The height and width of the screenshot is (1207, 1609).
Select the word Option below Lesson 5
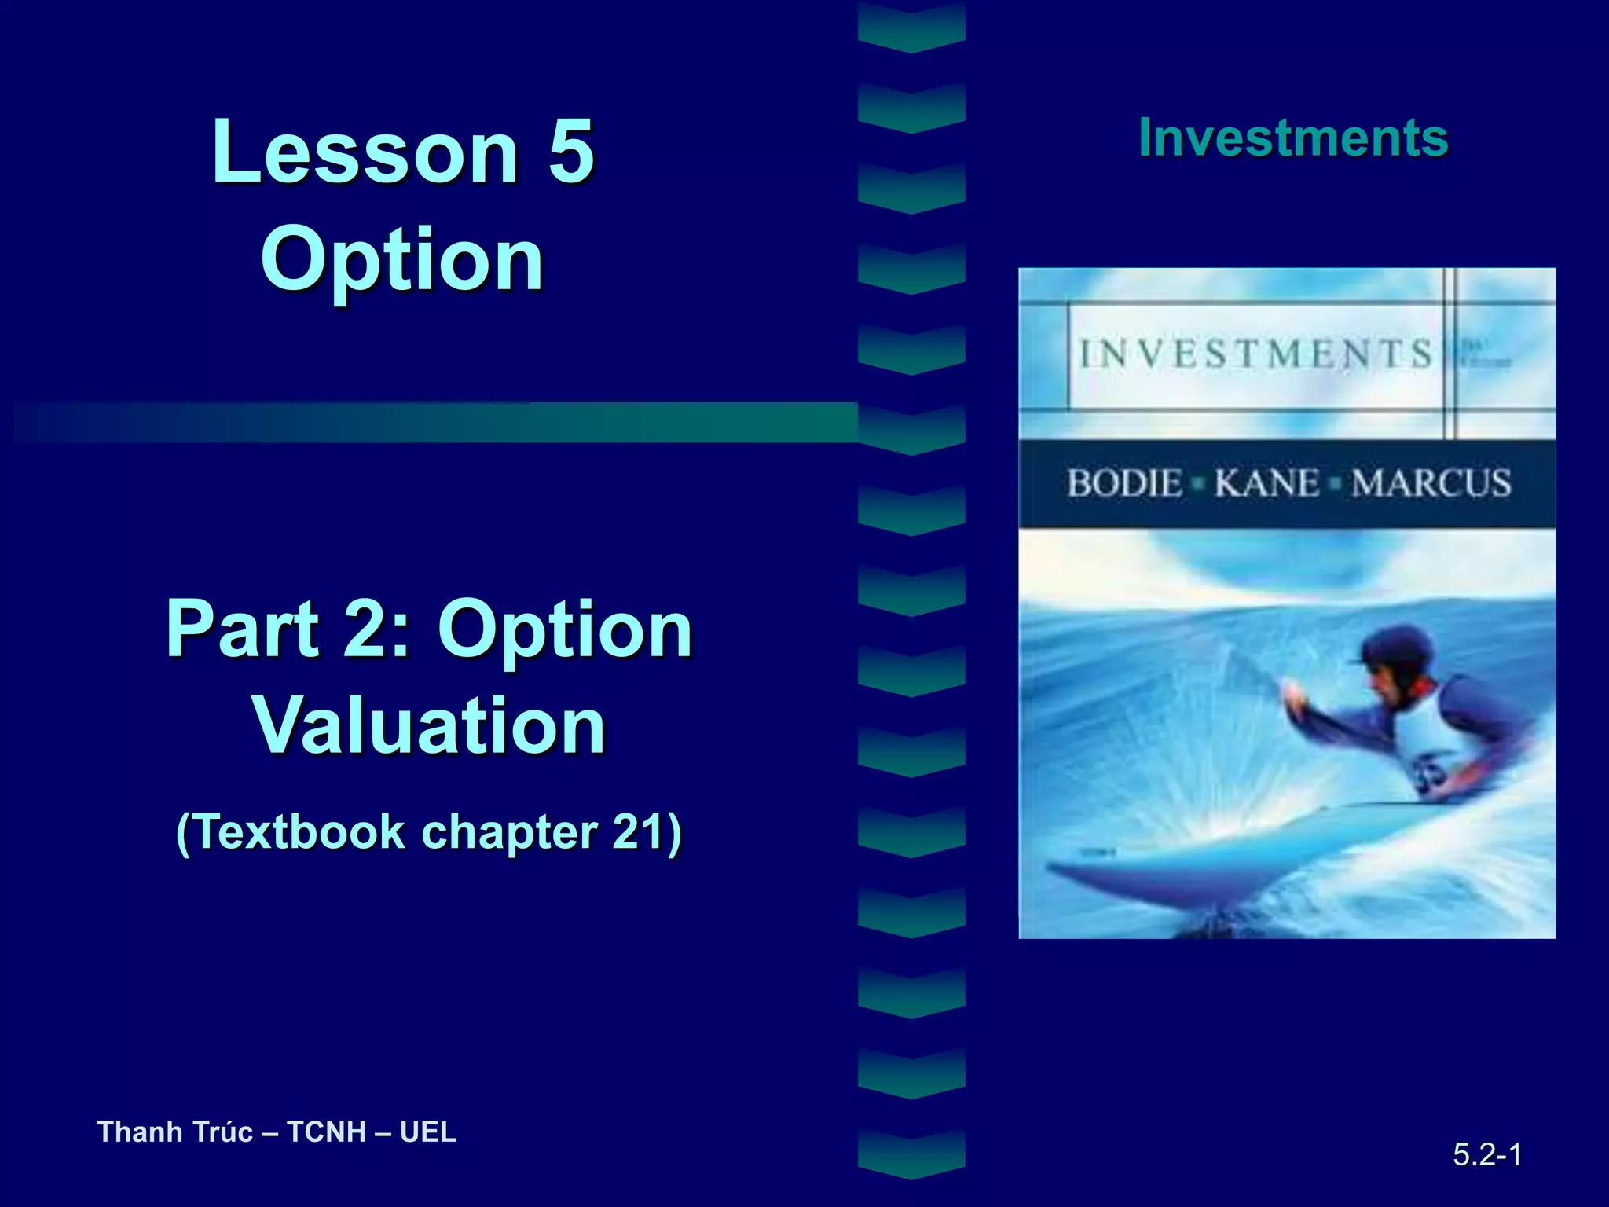[402, 259]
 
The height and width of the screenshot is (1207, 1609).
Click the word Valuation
[429, 726]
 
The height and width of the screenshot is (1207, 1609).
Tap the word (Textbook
[289, 832]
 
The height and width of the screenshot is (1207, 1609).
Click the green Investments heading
[1293, 138]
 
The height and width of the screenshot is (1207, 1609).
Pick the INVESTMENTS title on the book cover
[1255, 354]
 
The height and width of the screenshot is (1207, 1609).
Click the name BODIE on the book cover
[1124, 482]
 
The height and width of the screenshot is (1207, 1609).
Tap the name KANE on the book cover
[1266, 482]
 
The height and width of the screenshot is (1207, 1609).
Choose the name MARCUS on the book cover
[1431, 482]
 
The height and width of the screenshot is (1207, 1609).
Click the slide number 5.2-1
[1486, 1154]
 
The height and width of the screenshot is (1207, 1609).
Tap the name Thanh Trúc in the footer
[174, 1132]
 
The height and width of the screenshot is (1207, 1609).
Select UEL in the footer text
[428, 1132]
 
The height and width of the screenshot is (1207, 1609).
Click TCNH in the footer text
[326, 1132]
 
